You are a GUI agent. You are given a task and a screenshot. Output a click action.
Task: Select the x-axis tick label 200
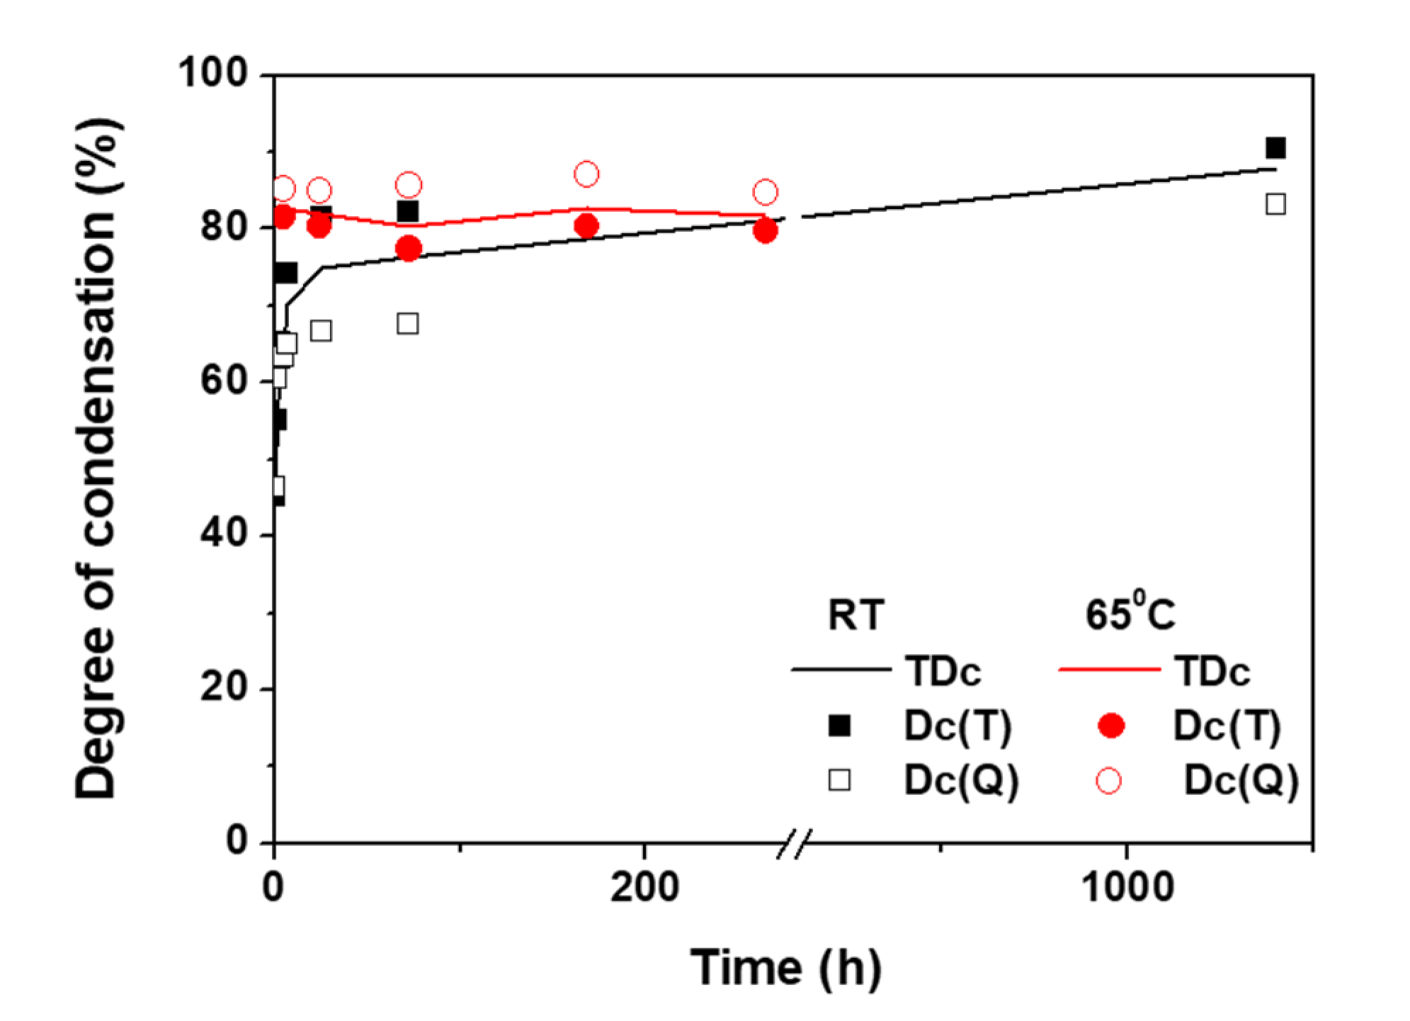click(x=644, y=887)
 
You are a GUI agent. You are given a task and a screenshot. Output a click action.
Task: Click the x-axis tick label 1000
click(x=1127, y=887)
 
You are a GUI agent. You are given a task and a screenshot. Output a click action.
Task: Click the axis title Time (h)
click(x=786, y=968)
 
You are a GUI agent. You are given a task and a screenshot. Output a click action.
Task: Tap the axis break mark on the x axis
click(x=794, y=843)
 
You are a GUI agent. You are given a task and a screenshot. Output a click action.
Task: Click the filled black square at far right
click(x=1275, y=148)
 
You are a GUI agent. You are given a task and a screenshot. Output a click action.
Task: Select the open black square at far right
click(x=1275, y=204)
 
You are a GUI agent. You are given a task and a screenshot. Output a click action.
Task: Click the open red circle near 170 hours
click(x=586, y=174)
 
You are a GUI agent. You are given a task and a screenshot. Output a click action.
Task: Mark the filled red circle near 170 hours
click(x=586, y=226)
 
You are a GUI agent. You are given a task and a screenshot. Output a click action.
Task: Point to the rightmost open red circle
click(x=765, y=192)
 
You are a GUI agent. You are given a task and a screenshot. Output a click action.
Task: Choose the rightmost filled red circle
click(x=765, y=230)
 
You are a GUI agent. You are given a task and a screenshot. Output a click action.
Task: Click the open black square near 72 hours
click(x=407, y=324)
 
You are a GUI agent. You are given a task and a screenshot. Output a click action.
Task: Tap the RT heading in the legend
click(x=856, y=614)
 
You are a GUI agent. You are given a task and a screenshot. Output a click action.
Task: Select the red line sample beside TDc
click(x=1110, y=669)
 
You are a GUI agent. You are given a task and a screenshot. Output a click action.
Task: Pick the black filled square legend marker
click(x=839, y=726)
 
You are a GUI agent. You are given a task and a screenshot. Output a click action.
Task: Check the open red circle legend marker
click(x=1108, y=781)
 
